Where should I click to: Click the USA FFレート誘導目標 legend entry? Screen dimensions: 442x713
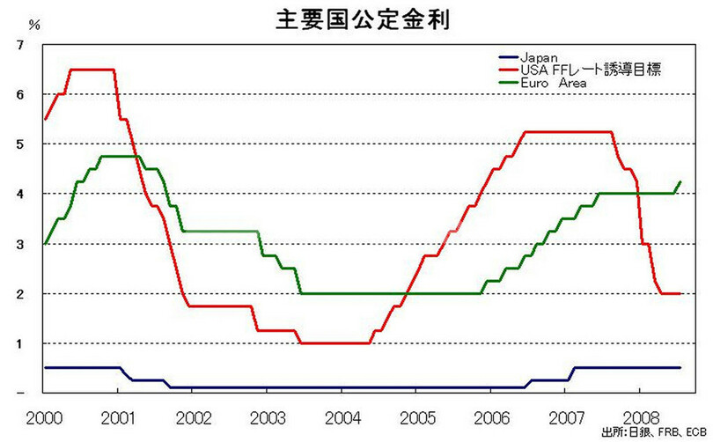584,70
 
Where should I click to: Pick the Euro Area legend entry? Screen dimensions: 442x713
551,82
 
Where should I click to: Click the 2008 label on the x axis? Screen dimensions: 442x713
639,414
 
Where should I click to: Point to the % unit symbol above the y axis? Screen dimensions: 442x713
34,24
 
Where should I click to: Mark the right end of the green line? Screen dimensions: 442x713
680,182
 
